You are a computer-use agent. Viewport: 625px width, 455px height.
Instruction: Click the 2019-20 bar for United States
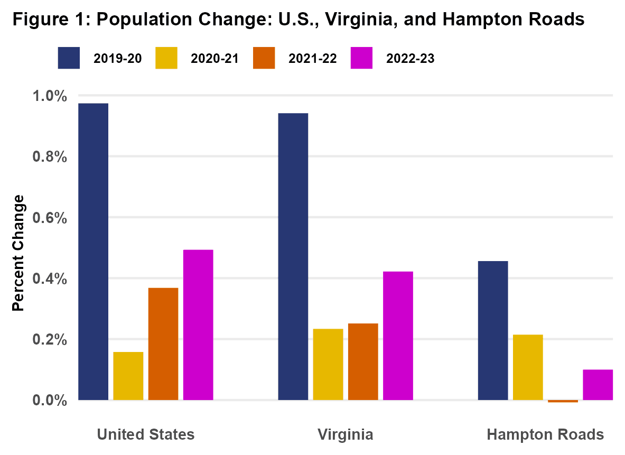tap(93, 252)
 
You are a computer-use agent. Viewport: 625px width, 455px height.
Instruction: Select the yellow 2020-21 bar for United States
tap(128, 376)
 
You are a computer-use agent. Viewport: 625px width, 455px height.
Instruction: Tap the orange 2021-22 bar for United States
tap(163, 343)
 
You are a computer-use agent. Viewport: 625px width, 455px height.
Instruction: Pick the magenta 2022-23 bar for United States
tap(198, 324)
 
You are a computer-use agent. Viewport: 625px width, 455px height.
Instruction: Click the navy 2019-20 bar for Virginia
tap(293, 256)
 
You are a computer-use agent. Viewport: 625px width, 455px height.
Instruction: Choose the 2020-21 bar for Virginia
tap(328, 364)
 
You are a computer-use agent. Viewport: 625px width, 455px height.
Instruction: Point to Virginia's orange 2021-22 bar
tap(362, 361)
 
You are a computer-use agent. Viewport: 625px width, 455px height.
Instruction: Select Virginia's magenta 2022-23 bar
tap(398, 336)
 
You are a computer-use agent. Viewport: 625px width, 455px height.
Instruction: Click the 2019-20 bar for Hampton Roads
tap(492, 330)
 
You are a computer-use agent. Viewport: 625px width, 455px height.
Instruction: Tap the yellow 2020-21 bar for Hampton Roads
tap(527, 367)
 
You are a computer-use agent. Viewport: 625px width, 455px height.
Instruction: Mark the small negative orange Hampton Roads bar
tap(563, 401)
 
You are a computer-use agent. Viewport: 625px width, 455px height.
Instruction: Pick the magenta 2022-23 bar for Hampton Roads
tap(598, 385)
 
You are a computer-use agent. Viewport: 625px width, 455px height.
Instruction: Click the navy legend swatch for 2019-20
tap(69, 58)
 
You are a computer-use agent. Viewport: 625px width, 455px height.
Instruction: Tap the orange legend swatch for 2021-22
tap(264, 58)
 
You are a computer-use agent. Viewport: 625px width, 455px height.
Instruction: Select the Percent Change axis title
tap(18, 253)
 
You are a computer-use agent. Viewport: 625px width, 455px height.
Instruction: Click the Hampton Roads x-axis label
tap(545, 434)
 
